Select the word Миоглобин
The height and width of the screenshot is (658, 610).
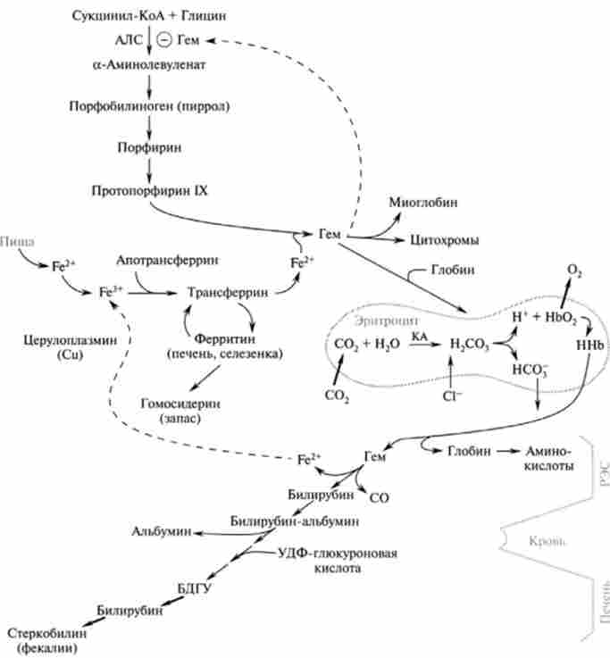click(x=424, y=203)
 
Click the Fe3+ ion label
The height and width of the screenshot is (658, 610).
click(x=110, y=291)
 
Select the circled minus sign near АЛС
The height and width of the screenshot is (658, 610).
click(x=163, y=40)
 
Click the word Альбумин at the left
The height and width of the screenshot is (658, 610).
click(x=161, y=531)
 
